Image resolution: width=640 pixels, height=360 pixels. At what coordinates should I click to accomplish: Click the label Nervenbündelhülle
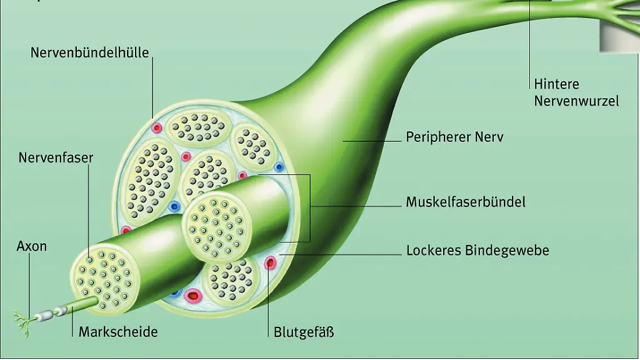90,52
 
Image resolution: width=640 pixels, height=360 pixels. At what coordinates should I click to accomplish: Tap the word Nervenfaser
56,157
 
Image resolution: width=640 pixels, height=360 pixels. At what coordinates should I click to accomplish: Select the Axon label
31,246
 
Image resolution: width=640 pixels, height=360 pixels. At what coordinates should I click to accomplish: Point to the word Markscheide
118,331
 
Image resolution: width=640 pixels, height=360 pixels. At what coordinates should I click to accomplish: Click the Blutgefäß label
304,331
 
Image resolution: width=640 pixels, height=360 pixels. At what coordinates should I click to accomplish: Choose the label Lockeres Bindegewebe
477,251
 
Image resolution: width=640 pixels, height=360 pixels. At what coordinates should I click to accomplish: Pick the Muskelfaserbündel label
466,202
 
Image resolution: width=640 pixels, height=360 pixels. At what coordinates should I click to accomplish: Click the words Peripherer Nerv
454,136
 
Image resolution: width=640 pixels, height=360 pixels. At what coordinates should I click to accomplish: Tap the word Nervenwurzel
576,101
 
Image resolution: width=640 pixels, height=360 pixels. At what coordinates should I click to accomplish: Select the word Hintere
556,84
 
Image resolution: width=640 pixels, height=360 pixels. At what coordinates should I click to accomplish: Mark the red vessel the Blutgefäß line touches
270,262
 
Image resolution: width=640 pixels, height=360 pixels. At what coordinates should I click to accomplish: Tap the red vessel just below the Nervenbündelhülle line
156,128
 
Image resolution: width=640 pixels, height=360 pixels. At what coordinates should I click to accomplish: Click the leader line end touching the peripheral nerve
343,141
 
